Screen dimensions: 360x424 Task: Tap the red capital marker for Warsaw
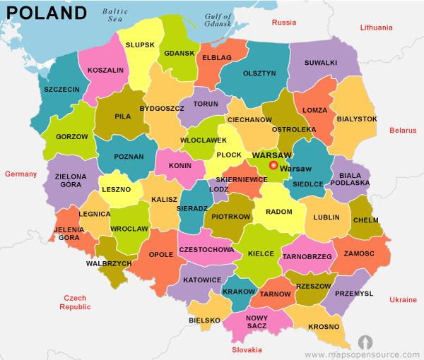click(x=274, y=167)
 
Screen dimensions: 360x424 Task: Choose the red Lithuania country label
click(x=375, y=28)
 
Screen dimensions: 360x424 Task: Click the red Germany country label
click(x=20, y=173)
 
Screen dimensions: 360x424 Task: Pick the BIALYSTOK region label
click(x=357, y=119)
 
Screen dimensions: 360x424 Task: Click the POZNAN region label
click(x=128, y=157)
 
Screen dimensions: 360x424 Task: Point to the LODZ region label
click(x=219, y=189)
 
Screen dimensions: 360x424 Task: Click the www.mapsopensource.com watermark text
click(x=363, y=353)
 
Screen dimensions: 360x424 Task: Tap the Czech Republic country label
click(x=76, y=303)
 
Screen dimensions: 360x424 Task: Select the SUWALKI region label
click(x=320, y=63)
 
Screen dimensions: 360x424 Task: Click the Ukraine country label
click(x=403, y=300)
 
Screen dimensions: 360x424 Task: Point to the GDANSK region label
click(x=178, y=53)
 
